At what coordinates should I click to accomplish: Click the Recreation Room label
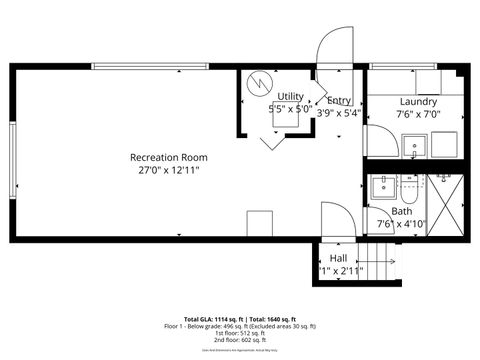(168, 157)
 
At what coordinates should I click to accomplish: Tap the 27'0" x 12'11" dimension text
(168, 171)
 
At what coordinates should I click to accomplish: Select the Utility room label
(289, 96)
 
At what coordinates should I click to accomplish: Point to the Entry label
(339, 100)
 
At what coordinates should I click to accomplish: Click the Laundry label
(418, 102)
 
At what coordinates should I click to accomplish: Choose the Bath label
(401, 211)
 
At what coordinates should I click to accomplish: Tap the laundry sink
(414, 148)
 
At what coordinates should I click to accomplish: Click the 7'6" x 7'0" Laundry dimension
(418, 114)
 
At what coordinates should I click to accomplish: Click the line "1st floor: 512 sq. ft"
(240, 333)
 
